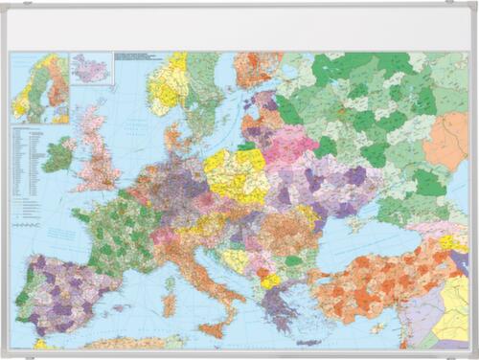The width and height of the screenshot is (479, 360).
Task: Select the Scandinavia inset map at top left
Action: click(x=39, y=87)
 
